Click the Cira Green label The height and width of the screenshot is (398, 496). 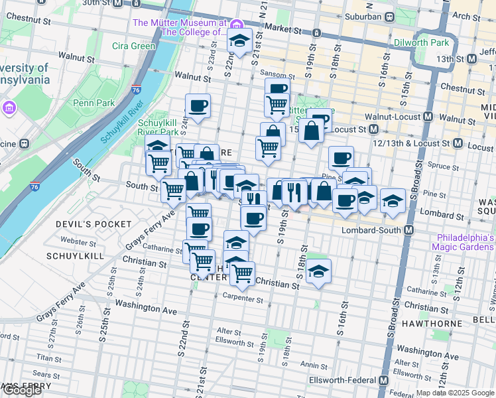point(133,46)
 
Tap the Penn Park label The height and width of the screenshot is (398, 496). point(93,103)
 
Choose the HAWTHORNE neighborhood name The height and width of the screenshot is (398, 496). point(458,320)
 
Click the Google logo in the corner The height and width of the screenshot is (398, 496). point(22,390)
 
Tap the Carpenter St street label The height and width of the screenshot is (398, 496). point(243,298)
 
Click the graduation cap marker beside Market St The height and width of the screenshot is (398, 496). point(239,41)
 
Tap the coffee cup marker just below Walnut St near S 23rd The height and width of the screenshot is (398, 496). point(198,105)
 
